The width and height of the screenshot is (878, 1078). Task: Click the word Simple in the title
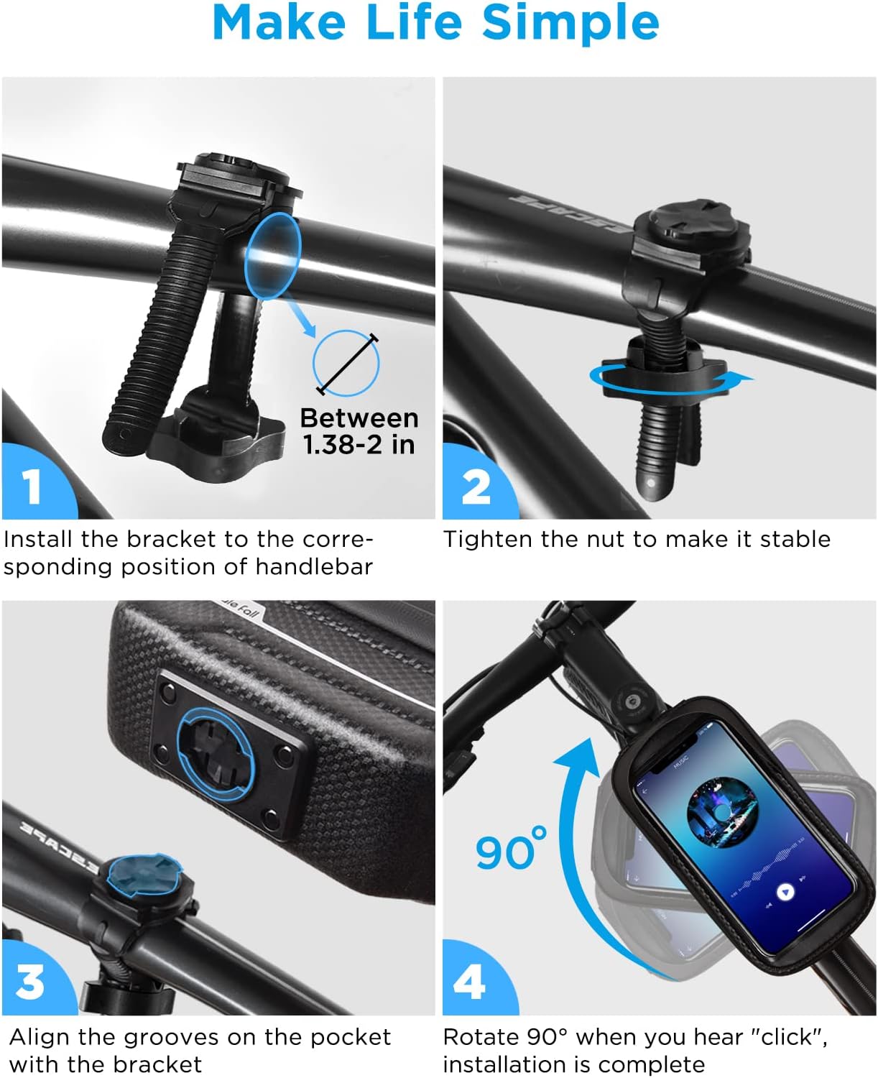click(570, 23)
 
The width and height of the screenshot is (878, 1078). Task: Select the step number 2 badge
click(476, 487)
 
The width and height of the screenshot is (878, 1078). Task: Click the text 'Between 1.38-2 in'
click(359, 431)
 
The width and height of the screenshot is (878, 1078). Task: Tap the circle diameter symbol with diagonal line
click(346, 363)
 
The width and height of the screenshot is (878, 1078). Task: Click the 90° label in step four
click(511, 849)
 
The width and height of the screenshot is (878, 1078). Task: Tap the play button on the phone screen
click(786, 892)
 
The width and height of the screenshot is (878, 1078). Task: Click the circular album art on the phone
click(722, 814)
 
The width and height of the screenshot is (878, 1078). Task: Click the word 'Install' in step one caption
click(39, 539)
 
